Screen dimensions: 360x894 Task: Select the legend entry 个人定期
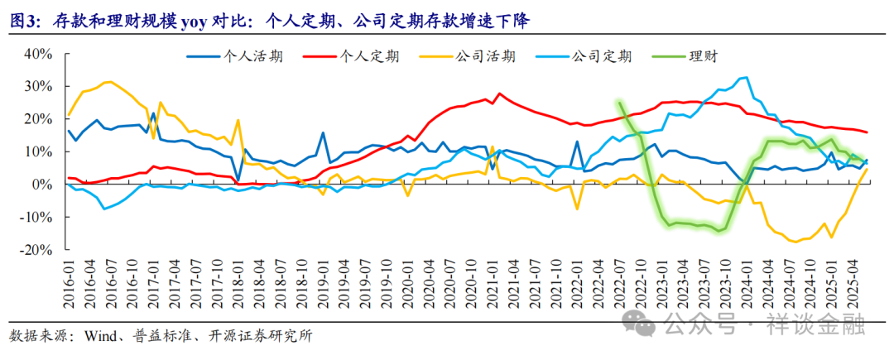(x=370, y=56)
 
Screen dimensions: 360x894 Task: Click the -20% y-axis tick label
(x=37, y=249)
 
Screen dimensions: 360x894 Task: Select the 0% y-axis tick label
(x=43, y=185)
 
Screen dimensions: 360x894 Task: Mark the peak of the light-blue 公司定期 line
(x=747, y=77)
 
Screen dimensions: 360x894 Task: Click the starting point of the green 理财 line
(x=619, y=103)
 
